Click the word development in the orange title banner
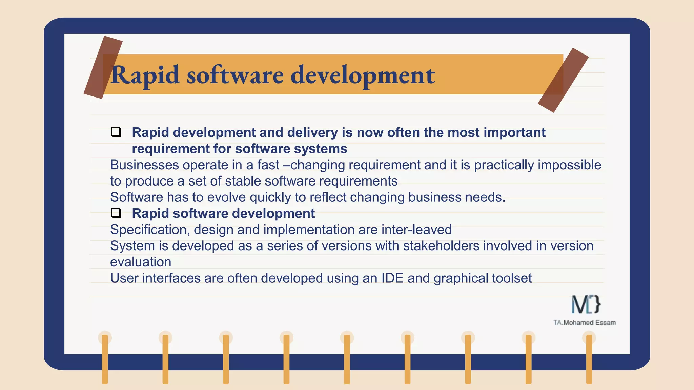(x=363, y=75)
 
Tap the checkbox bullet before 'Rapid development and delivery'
(x=116, y=132)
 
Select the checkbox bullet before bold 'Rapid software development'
(x=116, y=213)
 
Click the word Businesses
(x=144, y=165)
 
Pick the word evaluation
(x=141, y=262)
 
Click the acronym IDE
(x=392, y=278)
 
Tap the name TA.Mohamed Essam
(x=585, y=323)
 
